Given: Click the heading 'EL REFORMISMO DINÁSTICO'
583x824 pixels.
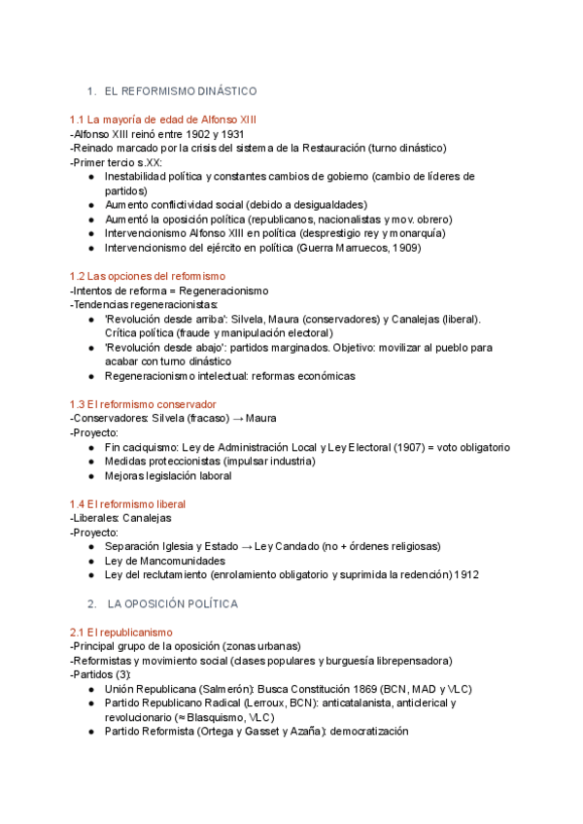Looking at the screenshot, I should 180,91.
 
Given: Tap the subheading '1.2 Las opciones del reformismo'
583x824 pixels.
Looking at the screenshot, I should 147,277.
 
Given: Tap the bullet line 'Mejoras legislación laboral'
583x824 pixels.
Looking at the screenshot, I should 168,476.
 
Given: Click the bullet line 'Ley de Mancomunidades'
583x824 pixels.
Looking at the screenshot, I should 165,561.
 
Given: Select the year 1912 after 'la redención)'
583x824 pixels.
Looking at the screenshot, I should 466,574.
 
